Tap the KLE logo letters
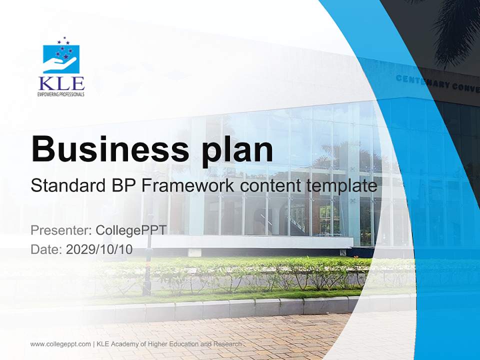tap(61, 83)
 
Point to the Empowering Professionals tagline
tap(61, 94)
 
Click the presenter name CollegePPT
tap(131, 230)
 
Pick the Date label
tap(46, 249)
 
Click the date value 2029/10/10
tap(99, 249)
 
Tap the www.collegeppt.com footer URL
tap(60, 344)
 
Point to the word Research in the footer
tap(228, 344)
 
